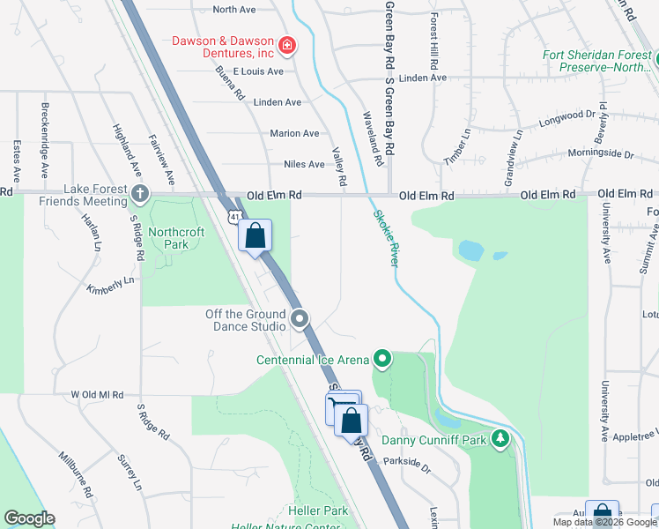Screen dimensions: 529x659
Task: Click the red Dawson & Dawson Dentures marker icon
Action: pyautogui.click(x=286, y=45)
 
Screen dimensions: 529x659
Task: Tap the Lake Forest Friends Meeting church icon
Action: pyautogui.click(x=139, y=193)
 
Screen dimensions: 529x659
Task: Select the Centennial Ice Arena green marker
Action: pyautogui.click(x=381, y=359)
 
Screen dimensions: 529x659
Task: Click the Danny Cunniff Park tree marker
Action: pyautogui.click(x=500, y=438)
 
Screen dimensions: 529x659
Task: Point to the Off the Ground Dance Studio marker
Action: pyautogui.click(x=300, y=319)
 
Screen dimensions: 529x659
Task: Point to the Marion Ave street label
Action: pyautogui.click(x=294, y=133)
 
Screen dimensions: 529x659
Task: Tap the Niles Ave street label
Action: pyautogui.click(x=304, y=164)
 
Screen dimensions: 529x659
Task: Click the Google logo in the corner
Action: pyautogui.click(x=29, y=518)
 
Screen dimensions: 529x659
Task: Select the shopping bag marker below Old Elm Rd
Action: pyautogui.click(x=255, y=236)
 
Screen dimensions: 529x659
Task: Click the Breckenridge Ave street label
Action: pyautogui.click(x=45, y=129)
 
